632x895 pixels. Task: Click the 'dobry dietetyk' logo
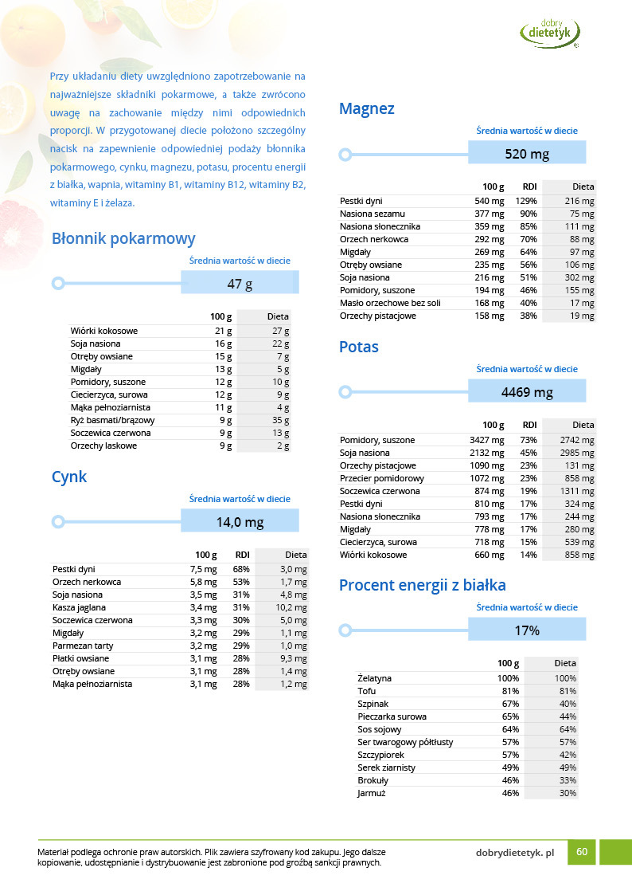pos(550,32)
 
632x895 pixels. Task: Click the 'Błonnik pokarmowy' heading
pos(123,238)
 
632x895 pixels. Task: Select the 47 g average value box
pos(240,283)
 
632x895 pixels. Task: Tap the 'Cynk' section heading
pos(69,477)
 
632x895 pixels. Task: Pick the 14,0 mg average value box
pos(240,522)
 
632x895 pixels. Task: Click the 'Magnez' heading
pos(366,108)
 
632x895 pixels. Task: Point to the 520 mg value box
pos(527,154)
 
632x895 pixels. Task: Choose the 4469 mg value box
pos(527,392)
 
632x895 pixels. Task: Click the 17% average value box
pos(527,630)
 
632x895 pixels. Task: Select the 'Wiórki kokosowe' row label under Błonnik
pos(104,331)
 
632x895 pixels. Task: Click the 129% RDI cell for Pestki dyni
pos(527,201)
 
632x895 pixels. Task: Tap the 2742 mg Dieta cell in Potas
pos(578,440)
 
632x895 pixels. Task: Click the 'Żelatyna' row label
pos(375,678)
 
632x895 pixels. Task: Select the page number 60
pos(582,852)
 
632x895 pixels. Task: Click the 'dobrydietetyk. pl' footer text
pos(514,853)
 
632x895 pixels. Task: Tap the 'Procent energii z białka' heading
pos(422,586)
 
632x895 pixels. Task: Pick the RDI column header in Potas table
pos(529,425)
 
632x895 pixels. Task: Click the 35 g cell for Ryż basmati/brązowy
pos(280,420)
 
